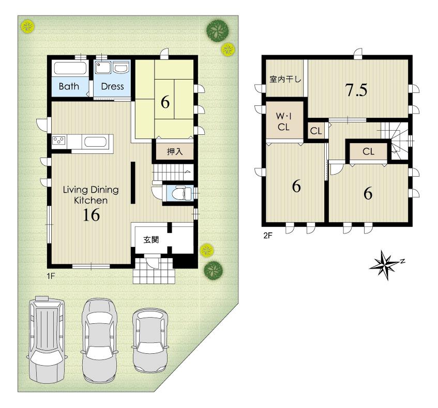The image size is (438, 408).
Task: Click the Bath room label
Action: [69, 86]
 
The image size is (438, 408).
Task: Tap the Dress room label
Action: [112, 86]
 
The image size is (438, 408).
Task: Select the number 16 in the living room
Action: [90, 216]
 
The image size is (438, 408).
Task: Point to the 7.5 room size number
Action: [356, 90]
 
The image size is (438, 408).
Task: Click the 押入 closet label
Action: [174, 152]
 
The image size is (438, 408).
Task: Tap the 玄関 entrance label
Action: [151, 240]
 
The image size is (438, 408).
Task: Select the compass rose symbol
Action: [385, 265]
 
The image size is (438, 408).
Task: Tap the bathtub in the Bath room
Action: [70, 69]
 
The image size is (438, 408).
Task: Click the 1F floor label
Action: [51, 276]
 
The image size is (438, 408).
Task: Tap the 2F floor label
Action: [267, 236]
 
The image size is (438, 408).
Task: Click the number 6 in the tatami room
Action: [165, 102]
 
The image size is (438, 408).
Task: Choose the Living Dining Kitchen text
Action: [90, 195]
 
